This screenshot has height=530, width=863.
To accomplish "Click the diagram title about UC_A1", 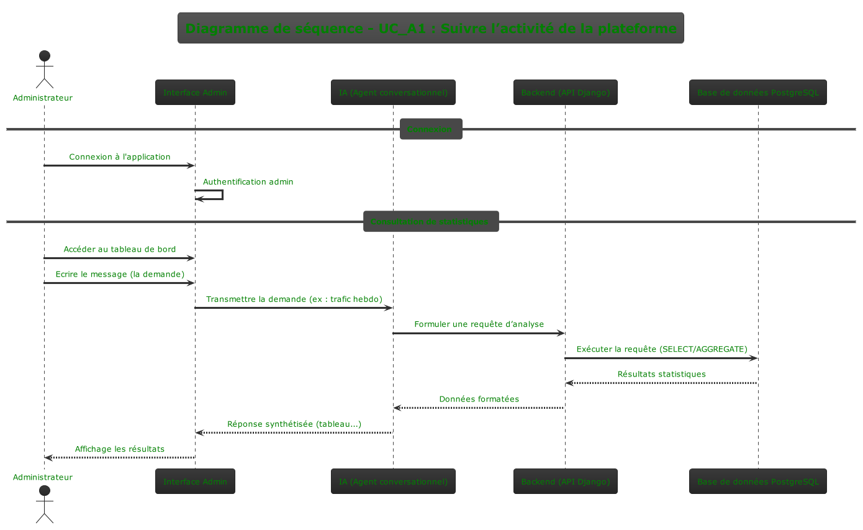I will pos(431,29).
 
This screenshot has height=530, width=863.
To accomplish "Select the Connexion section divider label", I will pos(431,129).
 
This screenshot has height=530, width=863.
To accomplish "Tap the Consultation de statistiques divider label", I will pos(431,222).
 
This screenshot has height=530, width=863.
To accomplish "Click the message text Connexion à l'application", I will pos(120,157).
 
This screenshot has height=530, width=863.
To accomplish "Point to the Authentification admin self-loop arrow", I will pos(222,194).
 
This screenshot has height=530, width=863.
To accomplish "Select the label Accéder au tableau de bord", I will pos(120,249).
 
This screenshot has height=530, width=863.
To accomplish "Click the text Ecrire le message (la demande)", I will pos(120,274).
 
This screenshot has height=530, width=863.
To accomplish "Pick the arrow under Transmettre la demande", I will pos(294,308).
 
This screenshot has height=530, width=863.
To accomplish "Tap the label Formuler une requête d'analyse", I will pos(479,324).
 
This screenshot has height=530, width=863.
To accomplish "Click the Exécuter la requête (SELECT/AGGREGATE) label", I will pos(661,349).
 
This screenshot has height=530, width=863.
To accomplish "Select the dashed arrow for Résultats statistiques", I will pos(661,383).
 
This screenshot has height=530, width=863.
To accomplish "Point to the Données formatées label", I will pos(479,399).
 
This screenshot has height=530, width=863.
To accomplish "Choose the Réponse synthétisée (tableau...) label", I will pos(294,424).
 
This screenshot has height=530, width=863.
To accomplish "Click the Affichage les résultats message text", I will pos(120,449).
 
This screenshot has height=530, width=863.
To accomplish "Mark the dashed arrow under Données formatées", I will pos(479,408).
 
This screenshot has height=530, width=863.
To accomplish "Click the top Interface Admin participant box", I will pos(195,93).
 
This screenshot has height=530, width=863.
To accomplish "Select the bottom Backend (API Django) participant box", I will pos(565,482).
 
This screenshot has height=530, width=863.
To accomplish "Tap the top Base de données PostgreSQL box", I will pos(757,93).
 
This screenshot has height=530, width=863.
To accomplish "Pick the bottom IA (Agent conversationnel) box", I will pos(393,482).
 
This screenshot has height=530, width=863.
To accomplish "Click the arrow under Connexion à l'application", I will pos(120,166).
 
